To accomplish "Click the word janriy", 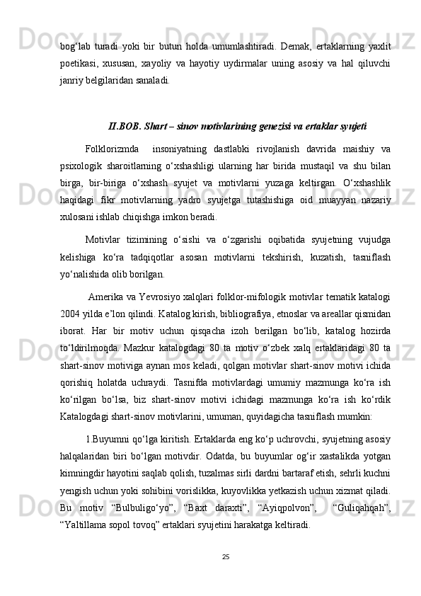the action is tap(74, 81).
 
